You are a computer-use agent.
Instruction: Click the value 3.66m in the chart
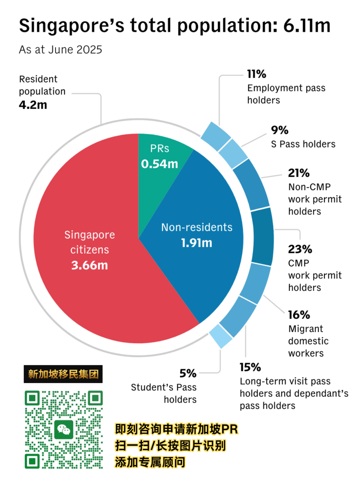[90, 265]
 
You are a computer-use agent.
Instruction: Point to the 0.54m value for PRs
[159, 164]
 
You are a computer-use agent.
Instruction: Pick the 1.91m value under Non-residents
[197, 243]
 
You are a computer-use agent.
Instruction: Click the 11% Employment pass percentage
[256, 74]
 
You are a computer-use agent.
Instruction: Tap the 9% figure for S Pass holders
[279, 130]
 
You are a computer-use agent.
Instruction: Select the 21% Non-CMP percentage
[299, 173]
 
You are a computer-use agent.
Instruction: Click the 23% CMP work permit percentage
[300, 249]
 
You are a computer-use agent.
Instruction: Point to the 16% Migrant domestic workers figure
[299, 315]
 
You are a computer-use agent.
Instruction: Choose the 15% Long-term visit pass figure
[250, 367]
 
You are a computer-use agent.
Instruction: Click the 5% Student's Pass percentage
[188, 373]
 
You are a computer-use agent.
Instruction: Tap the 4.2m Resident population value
[33, 105]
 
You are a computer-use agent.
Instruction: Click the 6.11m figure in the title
[307, 26]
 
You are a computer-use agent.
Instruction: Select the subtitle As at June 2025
[60, 50]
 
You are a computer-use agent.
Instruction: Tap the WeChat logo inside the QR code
[64, 430]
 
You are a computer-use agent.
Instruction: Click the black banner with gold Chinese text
[63, 374]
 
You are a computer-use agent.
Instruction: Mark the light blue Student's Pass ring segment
[221, 336]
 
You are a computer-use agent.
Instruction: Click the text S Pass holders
[303, 144]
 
